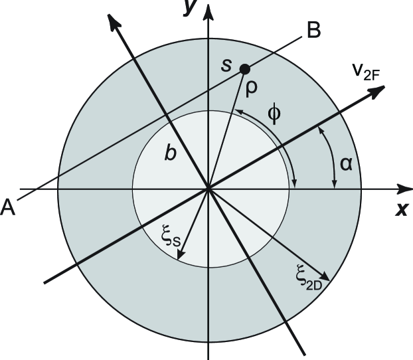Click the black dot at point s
click(244, 68)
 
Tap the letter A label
click(8, 209)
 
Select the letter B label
click(313, 30)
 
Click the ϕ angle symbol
click(274, 112)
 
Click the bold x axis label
click(401, 209)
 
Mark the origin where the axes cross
click(208, 189)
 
